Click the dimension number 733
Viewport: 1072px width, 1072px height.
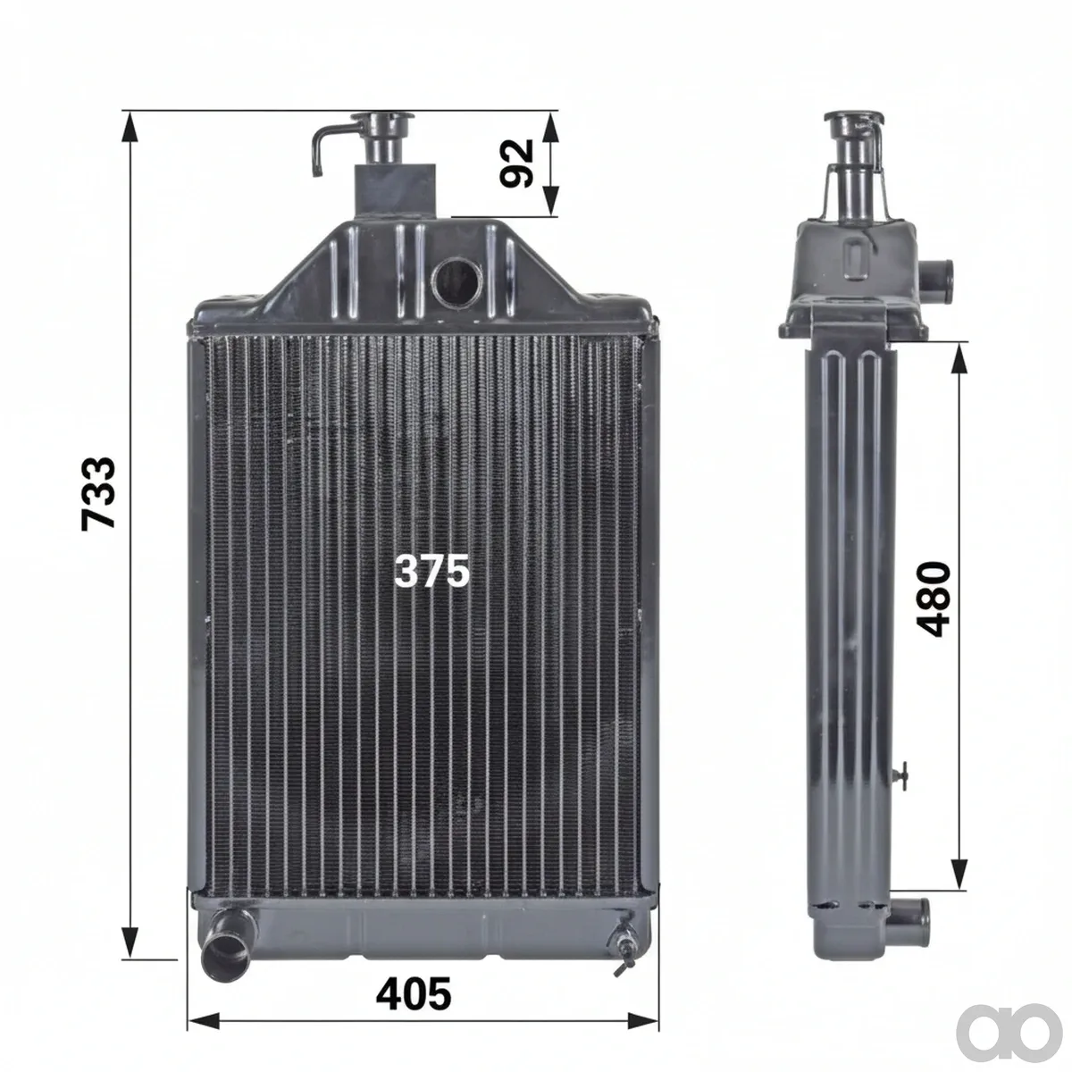(x=98, y=493)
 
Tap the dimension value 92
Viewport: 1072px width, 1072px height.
(x=516, y=163)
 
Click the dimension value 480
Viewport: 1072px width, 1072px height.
(x=933, y=599)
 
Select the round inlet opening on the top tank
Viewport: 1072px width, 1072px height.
(x=457, y=284)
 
